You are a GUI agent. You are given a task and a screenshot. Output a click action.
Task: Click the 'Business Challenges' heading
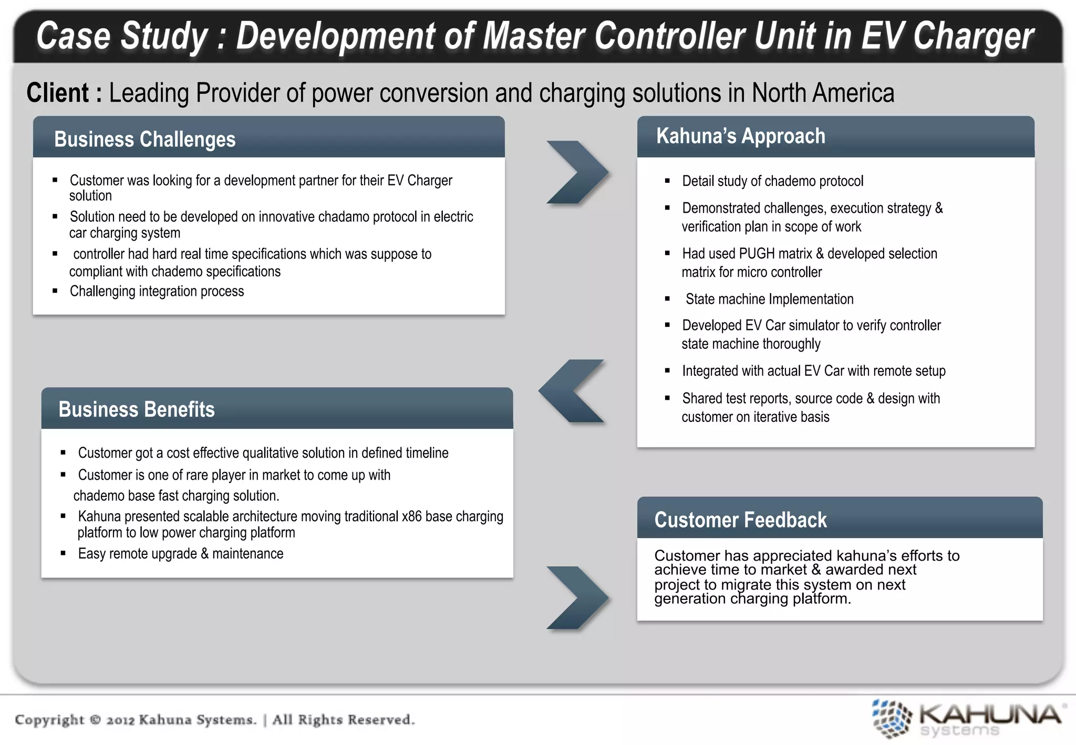pos(144,139)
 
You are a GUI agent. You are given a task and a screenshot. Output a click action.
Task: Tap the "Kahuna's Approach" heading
pos(740,136)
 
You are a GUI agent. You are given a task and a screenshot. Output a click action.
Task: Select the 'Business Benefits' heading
pos(137,409)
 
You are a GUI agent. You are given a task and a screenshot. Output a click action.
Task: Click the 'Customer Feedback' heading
pos(740,520)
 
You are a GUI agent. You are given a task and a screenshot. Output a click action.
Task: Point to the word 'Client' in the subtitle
pos(58,93)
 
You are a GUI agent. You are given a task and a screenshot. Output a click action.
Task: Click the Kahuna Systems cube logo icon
pos(891,718)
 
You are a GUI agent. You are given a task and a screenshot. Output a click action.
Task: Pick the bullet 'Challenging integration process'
pos(157,291)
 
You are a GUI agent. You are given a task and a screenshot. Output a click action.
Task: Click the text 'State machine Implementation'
pos(769,299)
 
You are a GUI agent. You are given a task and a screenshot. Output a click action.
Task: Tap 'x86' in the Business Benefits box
pos(411,516)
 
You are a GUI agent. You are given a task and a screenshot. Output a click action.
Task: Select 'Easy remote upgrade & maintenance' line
pos(180,554)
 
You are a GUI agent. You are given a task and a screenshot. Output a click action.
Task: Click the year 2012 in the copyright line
pos(121,720)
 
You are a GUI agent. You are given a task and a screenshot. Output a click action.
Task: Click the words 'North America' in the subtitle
pos(822,93)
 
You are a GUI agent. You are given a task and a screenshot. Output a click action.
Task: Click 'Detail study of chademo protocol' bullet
pos(772,181)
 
